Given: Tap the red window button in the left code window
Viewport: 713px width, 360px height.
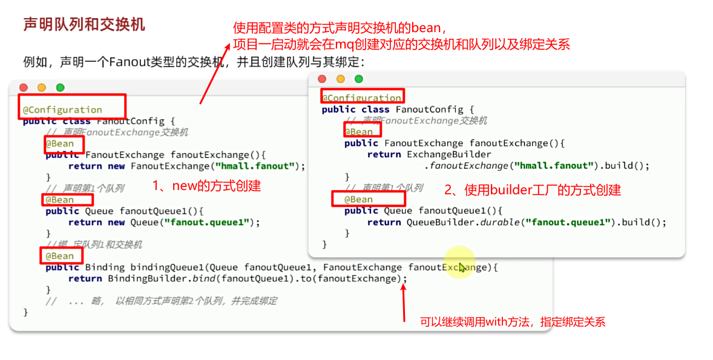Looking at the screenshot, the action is click(x=24, y=88).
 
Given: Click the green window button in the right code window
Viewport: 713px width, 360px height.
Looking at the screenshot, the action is click(x=358, y=79).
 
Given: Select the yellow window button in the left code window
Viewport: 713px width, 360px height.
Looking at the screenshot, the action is click(x=42, y=88).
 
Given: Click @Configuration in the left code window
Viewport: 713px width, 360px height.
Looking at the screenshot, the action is click(x=62, y=110).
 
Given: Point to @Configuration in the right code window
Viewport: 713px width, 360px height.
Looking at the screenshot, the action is click(x=361, y=97).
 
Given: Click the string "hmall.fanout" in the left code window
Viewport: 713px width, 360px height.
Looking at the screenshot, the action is click(x=266, y=166).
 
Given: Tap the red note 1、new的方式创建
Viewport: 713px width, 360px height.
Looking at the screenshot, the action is click(x=206, y=186).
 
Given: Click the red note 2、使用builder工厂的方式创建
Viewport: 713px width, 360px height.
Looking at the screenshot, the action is click(x=533, y=190).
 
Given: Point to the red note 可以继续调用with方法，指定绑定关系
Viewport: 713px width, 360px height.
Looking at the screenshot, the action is click(x=513, y=322).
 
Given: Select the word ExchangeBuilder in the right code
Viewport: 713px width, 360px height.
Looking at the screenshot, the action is click(x=449, y=154).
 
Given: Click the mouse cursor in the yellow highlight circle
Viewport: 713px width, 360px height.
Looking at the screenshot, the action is click(x=461, y=267).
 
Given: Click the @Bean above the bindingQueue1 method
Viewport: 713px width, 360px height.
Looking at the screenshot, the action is click(x=59, y=256).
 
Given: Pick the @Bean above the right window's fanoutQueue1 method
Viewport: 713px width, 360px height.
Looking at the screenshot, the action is click(x=358, y=199).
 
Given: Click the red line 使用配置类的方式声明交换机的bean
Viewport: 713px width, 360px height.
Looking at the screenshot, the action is click(x=340, y=28).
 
